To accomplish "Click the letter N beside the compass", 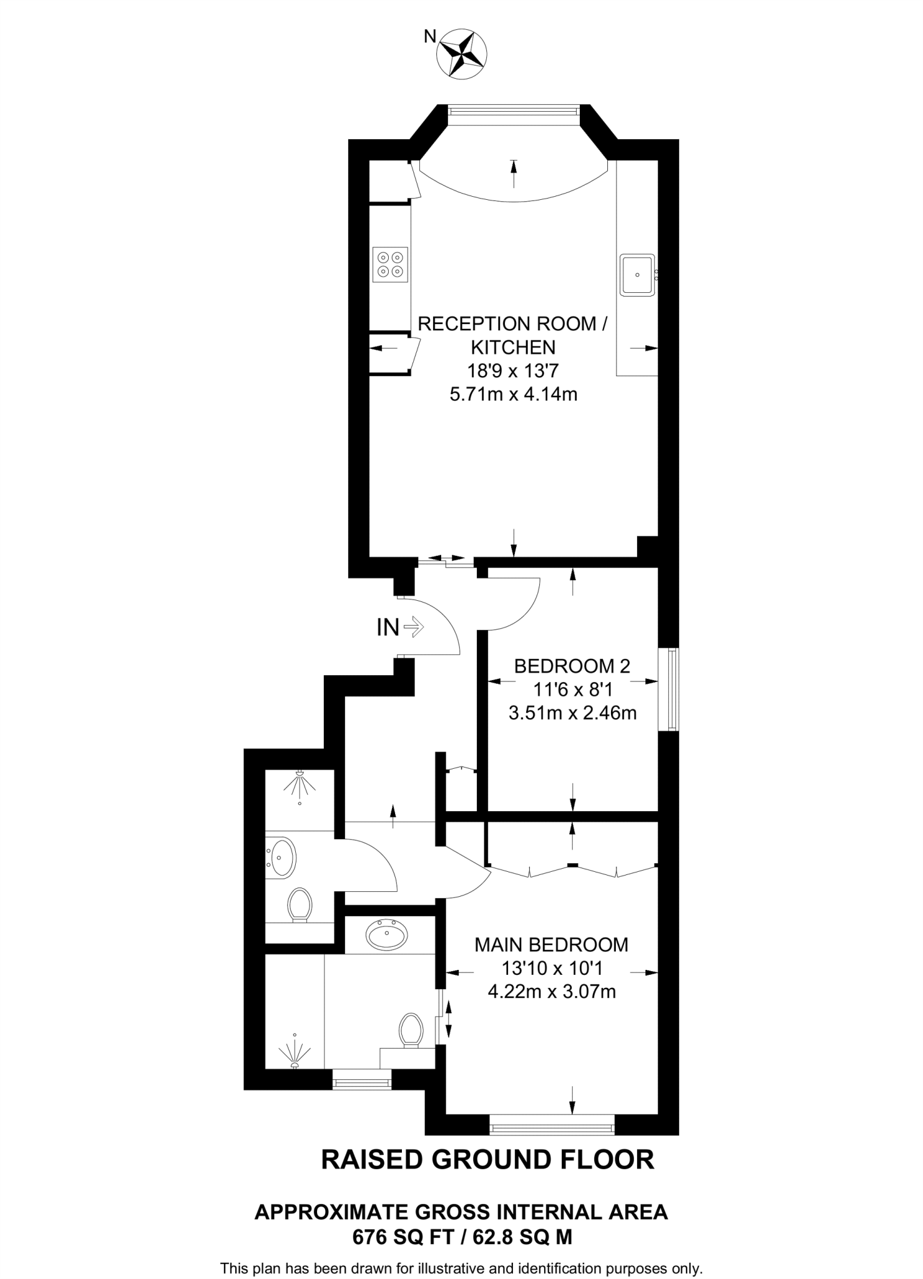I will (430, 37).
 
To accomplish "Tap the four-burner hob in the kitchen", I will (390, 264).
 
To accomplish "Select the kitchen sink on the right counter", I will (637, 275).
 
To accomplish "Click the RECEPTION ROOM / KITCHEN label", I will (512, 335).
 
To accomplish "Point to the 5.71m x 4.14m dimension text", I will (513, 395).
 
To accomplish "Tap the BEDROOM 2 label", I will (572, 666).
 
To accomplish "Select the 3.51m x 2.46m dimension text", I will (572, 713).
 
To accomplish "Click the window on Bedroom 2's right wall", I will (671, 689).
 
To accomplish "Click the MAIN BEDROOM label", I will (551, 945).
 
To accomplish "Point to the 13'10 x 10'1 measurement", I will (552, 968).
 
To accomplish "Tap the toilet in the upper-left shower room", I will (300, 904).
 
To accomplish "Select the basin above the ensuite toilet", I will (387, 935).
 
